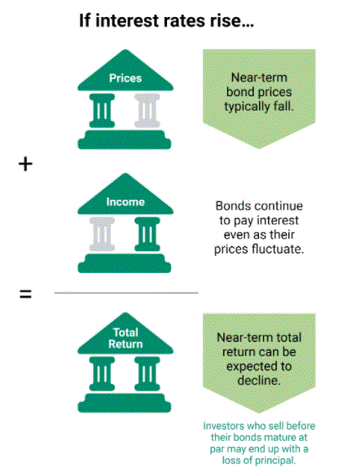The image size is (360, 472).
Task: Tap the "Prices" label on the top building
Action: tap(125, 78)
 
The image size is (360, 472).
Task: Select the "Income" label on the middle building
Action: tap(125, 201)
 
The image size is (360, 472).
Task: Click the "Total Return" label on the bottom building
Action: tap(125, 338)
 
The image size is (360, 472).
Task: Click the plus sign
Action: tap(25, 164)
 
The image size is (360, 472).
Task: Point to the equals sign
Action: tap(25, 294)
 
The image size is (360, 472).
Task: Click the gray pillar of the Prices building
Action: tap(147, 111)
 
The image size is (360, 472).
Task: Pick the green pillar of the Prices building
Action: tap(102, 111)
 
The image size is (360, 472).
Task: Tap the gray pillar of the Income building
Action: tap(102, 234)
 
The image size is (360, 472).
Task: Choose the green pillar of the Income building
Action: tap(147, 234)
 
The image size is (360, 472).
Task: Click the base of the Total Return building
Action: tap(125, 403)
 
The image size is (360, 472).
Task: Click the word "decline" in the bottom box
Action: tap(259, 381)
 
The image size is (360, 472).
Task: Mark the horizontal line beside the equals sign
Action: tap(126, 293)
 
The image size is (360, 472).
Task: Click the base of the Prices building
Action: tap(125, 139)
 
